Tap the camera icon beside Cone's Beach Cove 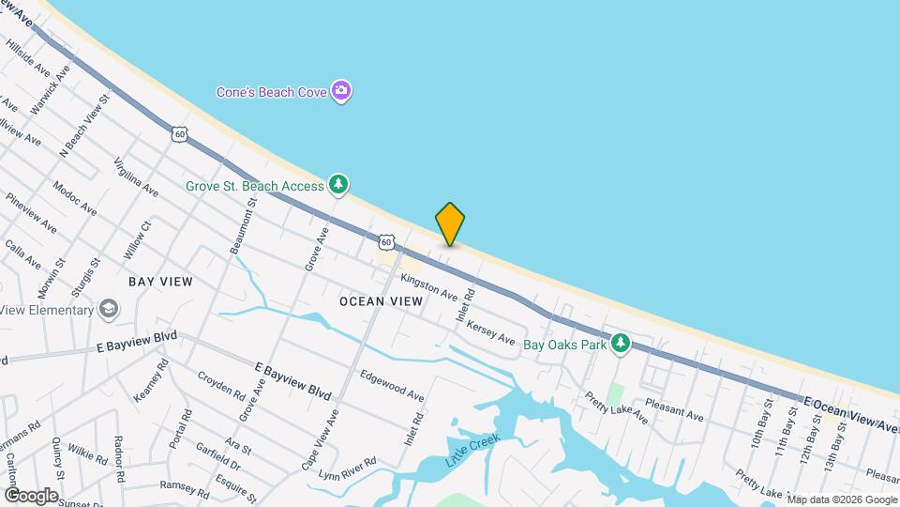pyautogui.click(x=343, y=91)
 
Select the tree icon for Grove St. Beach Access pyautogui.click(x=338, y=184)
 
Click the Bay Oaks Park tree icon pyautogui.click(x=619, y=345)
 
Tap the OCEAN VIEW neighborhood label pyautogui.click(x=381, y=301)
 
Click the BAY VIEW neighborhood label pyautogui.click(x=160, y=282)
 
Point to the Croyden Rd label pyautogui.click(x=220, y=395)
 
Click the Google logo pyautogui.click(x=31, y=495)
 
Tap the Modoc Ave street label pyautogui.click(x=75, y=198)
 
